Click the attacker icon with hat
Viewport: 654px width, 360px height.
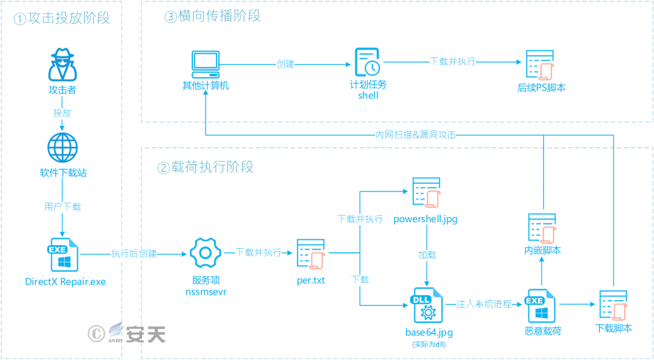[62, 64]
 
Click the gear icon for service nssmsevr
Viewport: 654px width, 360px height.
[205, 253]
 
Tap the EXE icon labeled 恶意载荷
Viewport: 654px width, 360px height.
[542, 304]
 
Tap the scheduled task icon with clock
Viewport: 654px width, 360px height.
[368, 62]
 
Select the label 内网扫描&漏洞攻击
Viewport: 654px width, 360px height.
[416, 135]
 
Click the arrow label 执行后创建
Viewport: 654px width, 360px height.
[134, 253]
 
